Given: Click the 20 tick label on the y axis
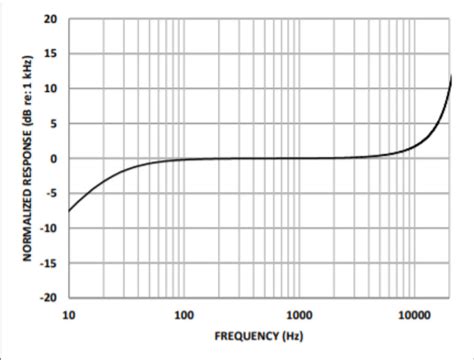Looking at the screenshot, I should (50, 19).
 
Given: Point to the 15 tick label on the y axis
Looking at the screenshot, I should (50, 54).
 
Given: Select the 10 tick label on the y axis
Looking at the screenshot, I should (50, 89).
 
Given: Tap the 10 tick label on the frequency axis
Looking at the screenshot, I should (68, 316).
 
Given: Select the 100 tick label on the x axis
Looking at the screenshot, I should (183, 316).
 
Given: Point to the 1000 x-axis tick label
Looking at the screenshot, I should (298, 316).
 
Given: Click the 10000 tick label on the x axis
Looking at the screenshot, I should (413, 316).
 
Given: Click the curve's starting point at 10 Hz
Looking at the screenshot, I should (68, 211).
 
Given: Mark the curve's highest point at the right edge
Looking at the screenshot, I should (451, 75).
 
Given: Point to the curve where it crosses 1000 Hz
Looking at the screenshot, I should (298, 158).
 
